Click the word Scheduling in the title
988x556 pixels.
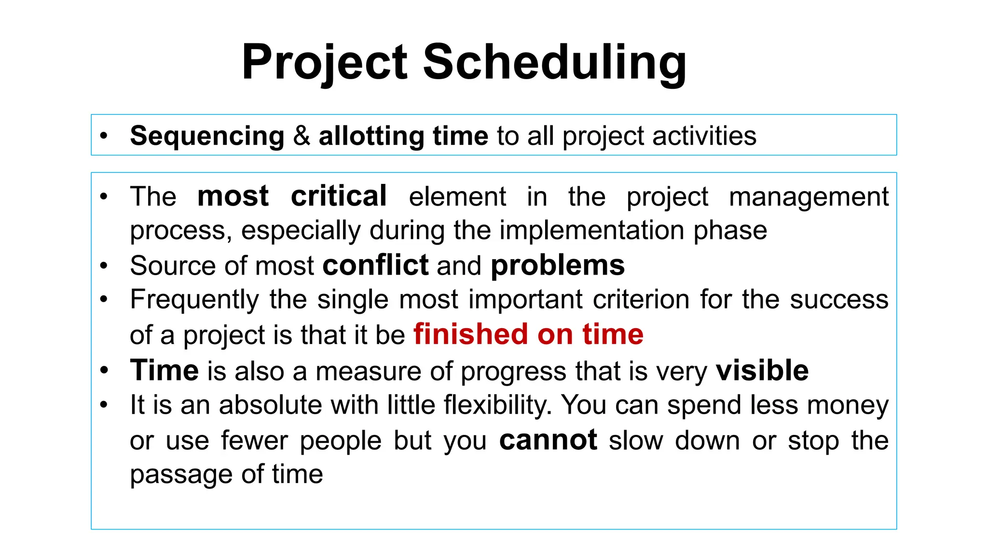click(x=555, y=63)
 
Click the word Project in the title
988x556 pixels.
click(x=325, y=63)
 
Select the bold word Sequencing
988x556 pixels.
click(x=207, y=136)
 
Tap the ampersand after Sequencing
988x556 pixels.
click(x=302, y=136)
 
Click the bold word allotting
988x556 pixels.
click(x=371, y=136)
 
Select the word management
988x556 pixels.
click(x=809, y=197)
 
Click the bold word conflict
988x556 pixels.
click(x=375, y=265)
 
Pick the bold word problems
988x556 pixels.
click(x=558, y=266)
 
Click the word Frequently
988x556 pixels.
click(x=194, y=300)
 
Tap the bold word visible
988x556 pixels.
click(x=762, y=371)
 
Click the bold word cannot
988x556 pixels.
click(x=548, y=440)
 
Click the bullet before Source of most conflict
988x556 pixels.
click(x=104, y=266)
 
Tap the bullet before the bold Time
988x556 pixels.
click(x=104, y=371)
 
